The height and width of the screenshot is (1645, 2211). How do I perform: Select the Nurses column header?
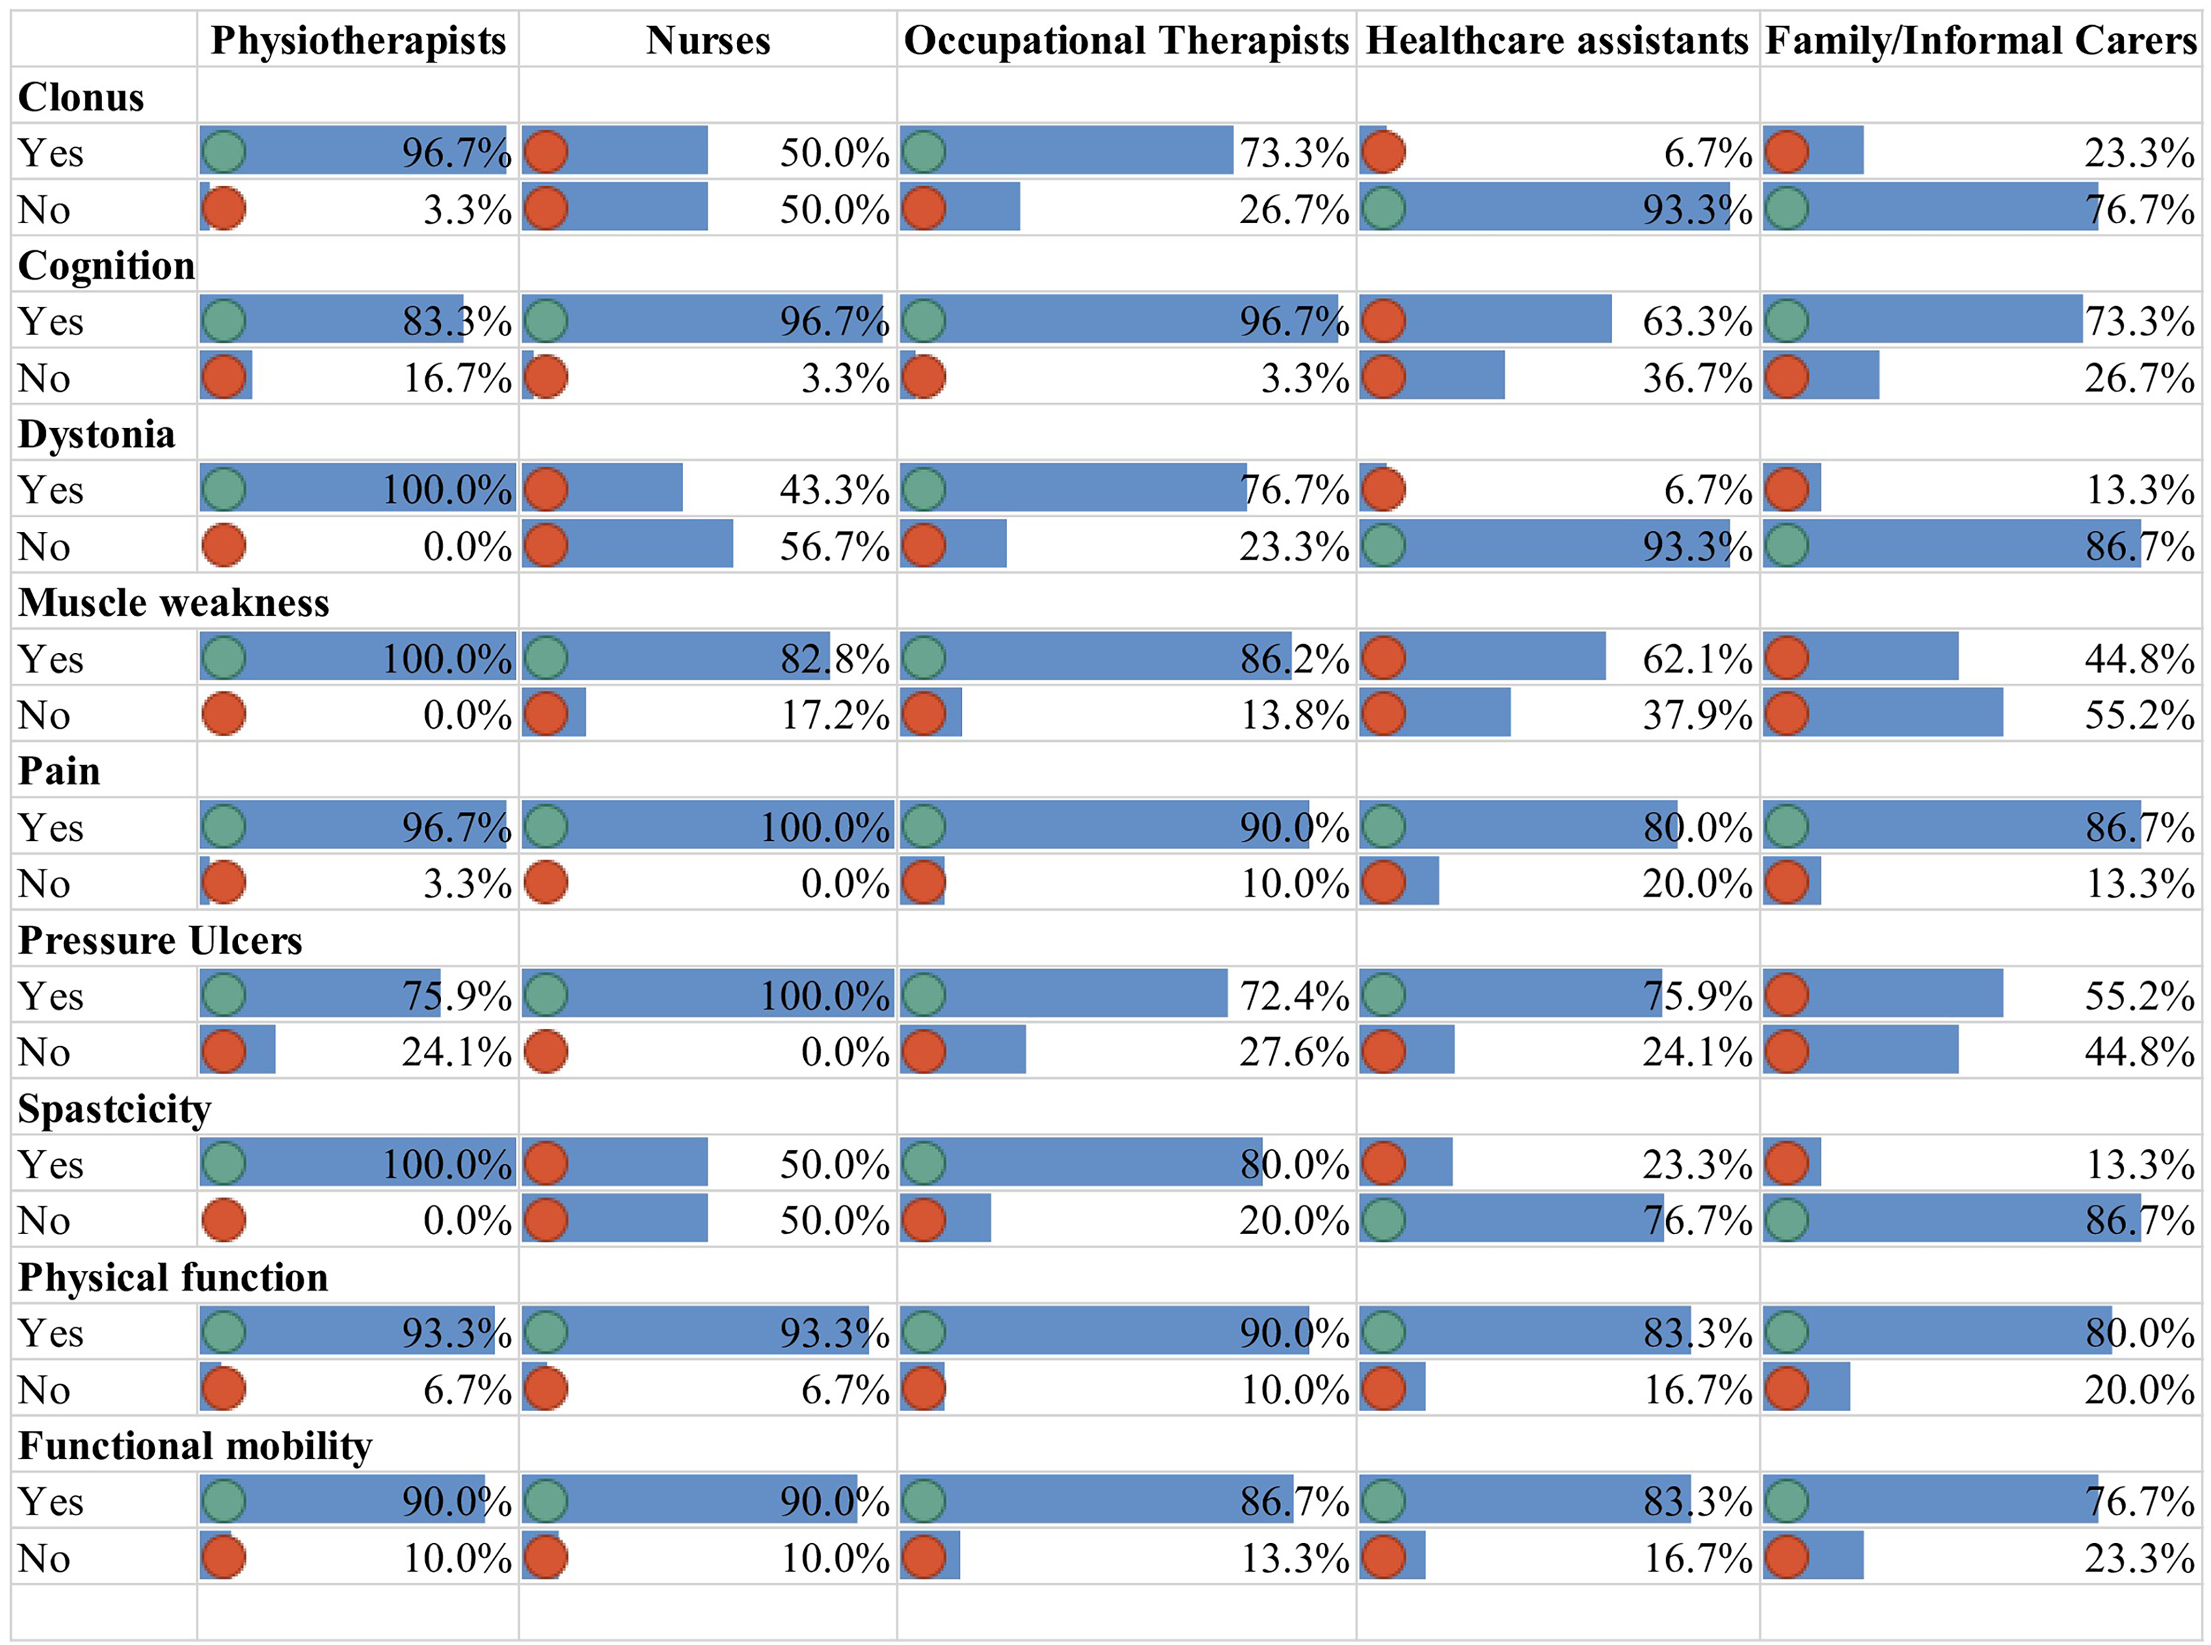click(x=708, y=41)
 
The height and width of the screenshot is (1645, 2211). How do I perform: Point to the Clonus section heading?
click(x=81, y=97)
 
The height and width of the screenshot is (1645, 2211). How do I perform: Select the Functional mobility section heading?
click(x=195, y=1446)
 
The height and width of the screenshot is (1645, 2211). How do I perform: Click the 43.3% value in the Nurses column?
click(x=834, y=490)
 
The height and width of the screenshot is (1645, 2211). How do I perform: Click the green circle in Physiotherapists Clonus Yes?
click(x=223, y=151)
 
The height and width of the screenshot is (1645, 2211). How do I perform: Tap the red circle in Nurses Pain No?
click(x=546, y=882)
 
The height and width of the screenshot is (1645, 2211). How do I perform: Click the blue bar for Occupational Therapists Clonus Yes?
click(x=1066, y=150)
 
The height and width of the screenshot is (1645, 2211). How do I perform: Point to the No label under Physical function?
click(x=44, y=1390)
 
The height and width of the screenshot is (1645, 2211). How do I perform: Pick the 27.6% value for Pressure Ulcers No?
click(x=1294, y=1052)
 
